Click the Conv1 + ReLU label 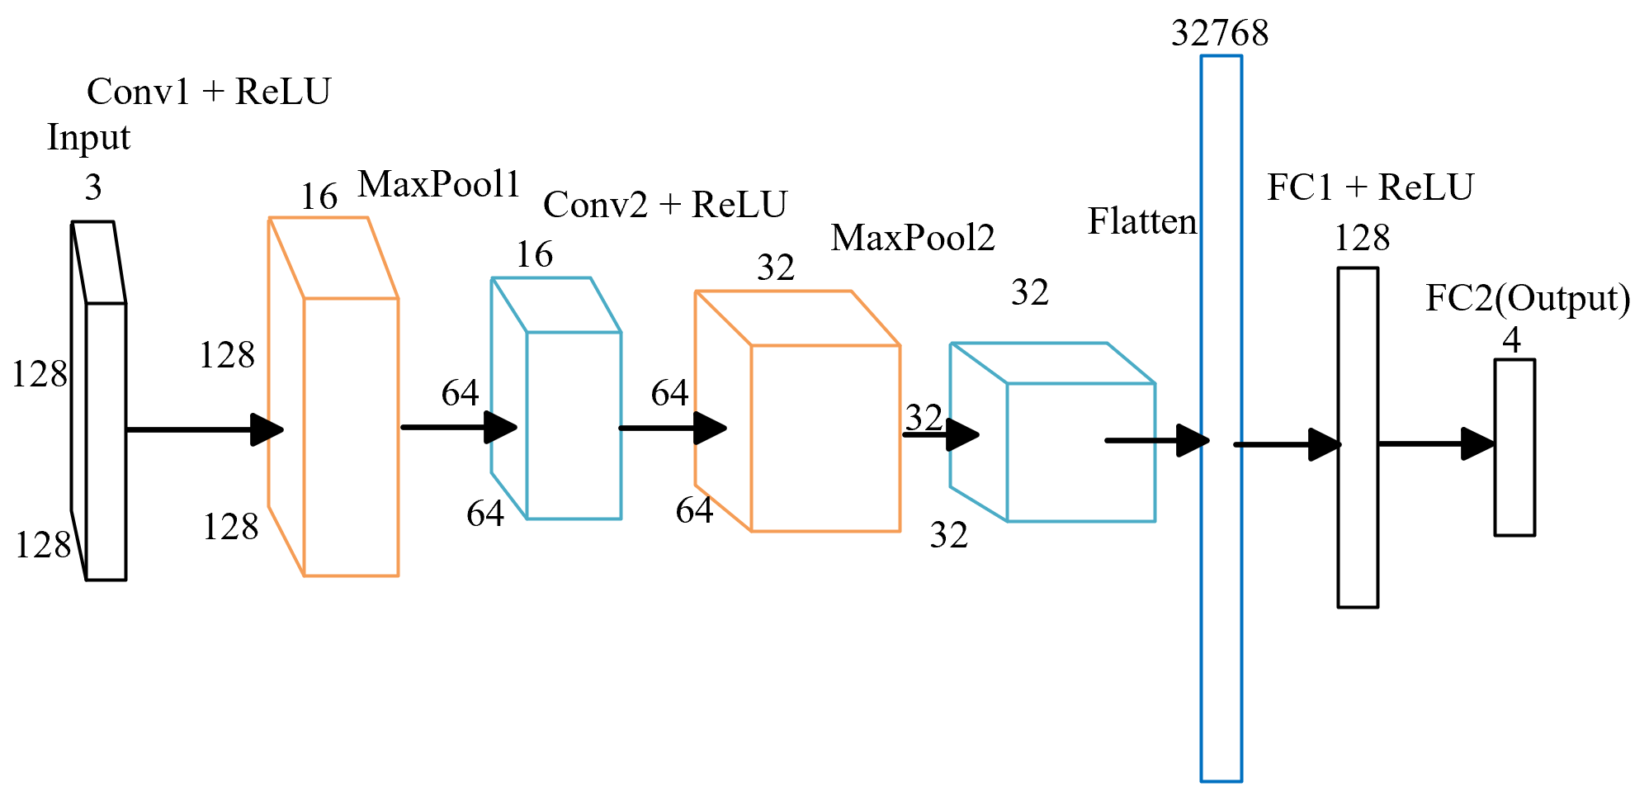[208, 92]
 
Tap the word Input [88, 138]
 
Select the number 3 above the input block [93, 188]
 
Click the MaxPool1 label [438, 184]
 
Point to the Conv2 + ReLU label [664, 205]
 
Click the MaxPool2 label [912, 238]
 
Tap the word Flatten [1141, 221]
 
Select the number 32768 [1220, 34]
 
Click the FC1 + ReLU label [1370, 187]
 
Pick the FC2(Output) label [1528, 298]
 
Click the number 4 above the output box [1511, 339]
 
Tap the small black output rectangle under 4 [1514, 487]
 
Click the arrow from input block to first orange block [202, 429]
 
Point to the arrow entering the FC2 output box [1436, 443]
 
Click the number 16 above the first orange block [319, 197]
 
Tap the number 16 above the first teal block [534, 255]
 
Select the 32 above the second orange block [775, 268]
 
